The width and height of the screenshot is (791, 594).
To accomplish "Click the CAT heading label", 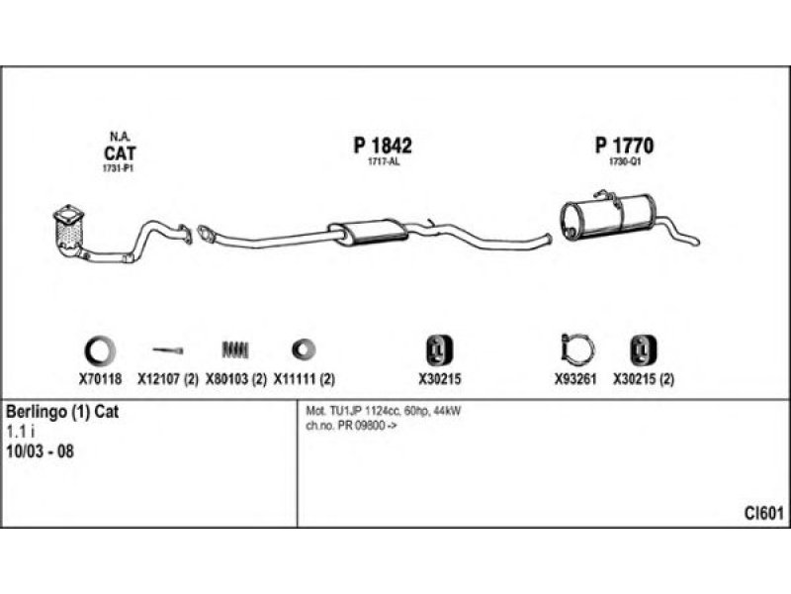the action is [120, 153].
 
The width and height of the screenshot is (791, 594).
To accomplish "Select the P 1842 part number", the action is [383, 146].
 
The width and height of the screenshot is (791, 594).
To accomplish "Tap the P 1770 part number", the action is [624, 146].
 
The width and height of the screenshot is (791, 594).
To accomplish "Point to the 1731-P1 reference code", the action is [118, 168].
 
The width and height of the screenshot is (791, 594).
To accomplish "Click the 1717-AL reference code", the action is [384, 161].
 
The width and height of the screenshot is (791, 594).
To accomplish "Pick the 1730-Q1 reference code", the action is [625, 161].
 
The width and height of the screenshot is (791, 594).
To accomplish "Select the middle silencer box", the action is [368, 233].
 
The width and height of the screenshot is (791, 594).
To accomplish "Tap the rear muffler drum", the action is [608, 216].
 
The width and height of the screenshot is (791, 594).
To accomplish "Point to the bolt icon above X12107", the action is [168, 350].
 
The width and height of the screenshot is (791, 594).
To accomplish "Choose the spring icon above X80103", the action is [235, 350].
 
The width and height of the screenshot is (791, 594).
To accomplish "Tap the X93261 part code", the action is [575, 379].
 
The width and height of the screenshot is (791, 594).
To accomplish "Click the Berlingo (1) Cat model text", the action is [62, 412].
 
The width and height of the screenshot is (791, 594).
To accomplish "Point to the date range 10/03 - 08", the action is [40, 451].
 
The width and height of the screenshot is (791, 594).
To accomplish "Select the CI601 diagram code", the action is [763, 513].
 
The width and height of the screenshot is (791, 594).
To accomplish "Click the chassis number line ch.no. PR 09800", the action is [351, 426].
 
